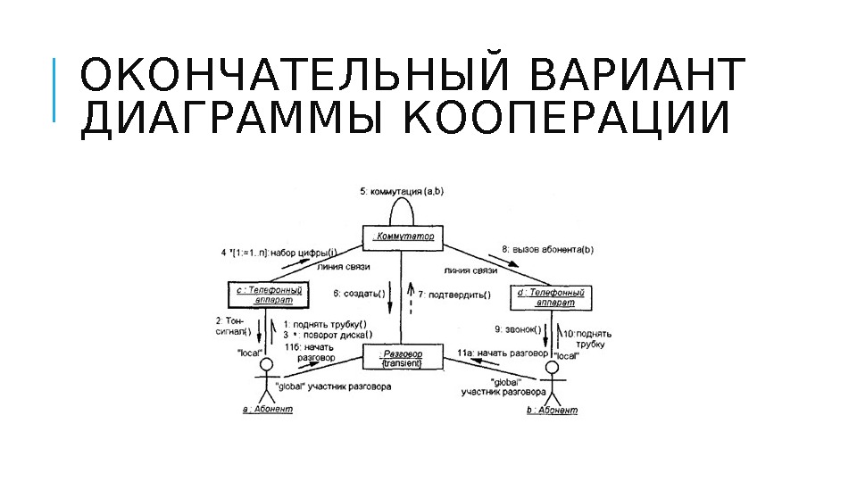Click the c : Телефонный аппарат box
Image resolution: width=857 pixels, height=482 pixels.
(x=269, y=295)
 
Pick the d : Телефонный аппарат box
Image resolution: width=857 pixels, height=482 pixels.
(x=551, y=296)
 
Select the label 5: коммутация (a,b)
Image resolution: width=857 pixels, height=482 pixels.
(x=402, y=190)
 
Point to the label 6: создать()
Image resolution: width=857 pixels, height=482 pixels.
(x=360, y=294)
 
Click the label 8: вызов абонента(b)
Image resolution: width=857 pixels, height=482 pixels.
(x=548, y=249)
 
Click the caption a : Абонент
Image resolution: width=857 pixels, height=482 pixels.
(x=267, y=411)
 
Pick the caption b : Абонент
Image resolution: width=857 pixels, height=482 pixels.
(x=553, y=411)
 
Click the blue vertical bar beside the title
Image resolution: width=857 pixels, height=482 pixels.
(x=54, y=89)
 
